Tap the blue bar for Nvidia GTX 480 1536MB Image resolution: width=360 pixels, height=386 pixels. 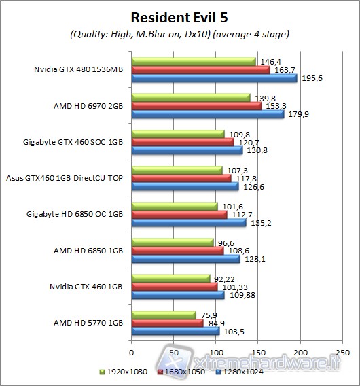[213, 78]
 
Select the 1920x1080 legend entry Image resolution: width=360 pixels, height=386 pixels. [125, 373]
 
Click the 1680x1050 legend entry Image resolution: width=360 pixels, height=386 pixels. [181, 373]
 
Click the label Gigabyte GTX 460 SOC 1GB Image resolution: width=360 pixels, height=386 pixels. [73, 142]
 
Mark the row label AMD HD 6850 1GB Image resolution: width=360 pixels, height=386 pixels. [88, 250]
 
